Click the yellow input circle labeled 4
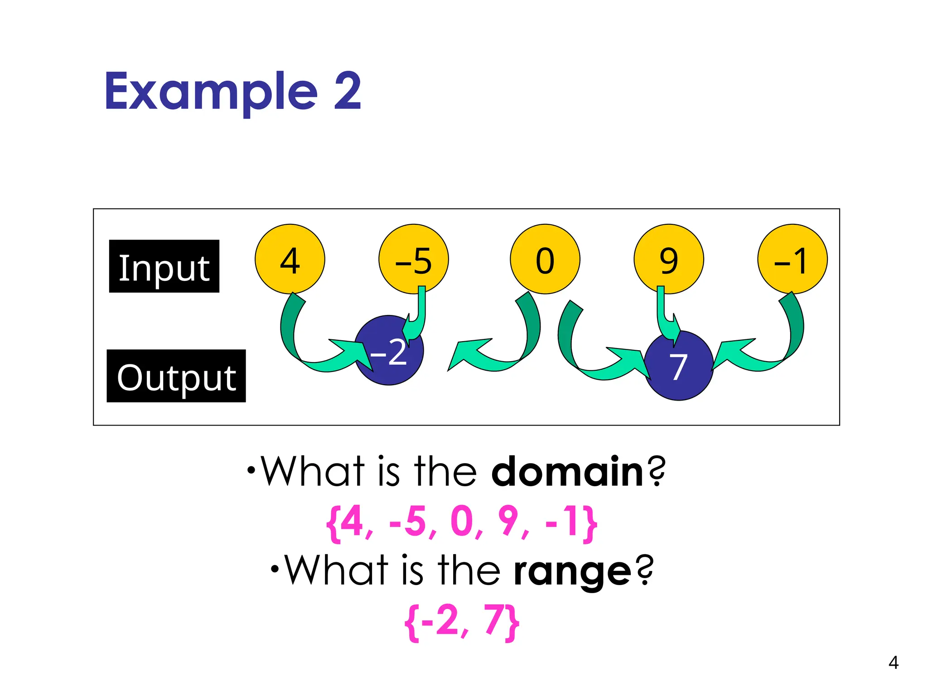[290, 259]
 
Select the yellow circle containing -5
[413, 259]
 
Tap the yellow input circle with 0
[545, 259]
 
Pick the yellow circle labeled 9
[668, 259]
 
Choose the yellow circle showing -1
[792, 259]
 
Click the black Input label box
[164, 266]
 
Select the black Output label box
[176, 376]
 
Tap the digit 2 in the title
[348, 92]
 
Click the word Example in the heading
[211, 92]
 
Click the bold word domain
[567, 472]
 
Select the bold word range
[572, 571]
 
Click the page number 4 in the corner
[893, 662]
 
